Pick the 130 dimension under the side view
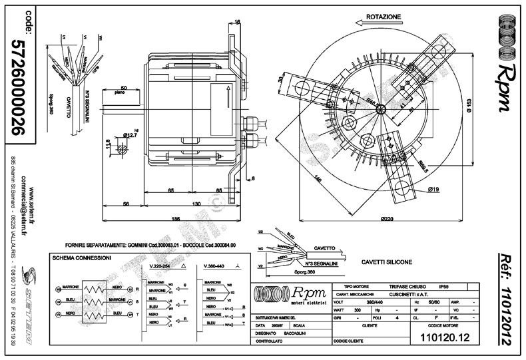[x=196, y=204]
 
